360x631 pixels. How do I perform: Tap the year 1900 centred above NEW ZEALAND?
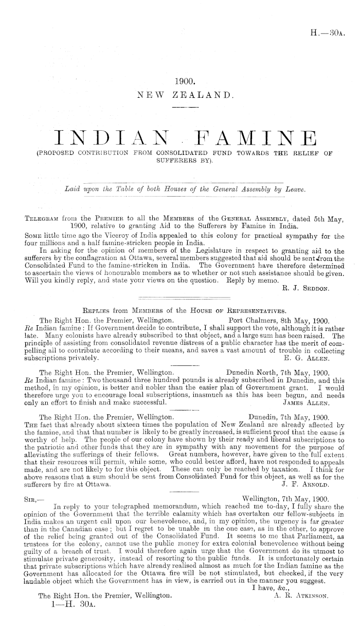(184, 81)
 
